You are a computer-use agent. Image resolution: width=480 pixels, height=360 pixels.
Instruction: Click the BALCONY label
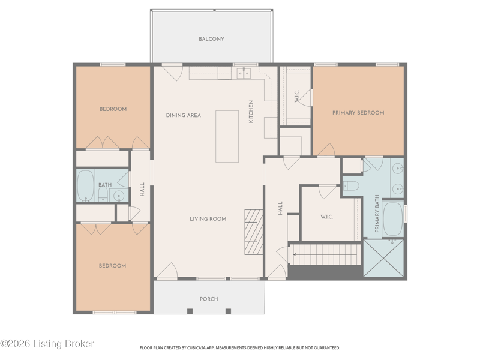[x=211, y=39]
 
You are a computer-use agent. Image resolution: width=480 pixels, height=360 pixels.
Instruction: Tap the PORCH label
[x=209, y=299]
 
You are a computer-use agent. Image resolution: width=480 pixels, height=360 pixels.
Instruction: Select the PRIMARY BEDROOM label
[x=358, y=113]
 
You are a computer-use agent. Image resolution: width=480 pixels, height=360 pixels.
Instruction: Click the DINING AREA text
[x=184, y=115]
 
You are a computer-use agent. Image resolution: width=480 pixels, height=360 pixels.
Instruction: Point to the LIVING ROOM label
[x=208, y=219]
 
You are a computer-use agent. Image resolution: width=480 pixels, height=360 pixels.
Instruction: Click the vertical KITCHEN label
[x=251, y=112]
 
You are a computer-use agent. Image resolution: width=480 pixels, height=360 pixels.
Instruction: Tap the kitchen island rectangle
[x=227, y=137]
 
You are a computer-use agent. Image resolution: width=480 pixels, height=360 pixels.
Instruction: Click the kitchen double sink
[x=244, y=73]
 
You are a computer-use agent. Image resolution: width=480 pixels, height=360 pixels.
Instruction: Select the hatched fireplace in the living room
[x=254, y=232]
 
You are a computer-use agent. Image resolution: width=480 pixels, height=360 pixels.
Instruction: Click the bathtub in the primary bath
[x=393, y=218]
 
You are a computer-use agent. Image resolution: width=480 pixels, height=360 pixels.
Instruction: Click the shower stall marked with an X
[x=383, y=258]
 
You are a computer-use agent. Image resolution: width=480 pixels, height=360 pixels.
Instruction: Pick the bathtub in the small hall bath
[x=85, y=185]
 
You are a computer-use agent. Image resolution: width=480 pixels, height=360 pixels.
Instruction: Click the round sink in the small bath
[x=119, y=195]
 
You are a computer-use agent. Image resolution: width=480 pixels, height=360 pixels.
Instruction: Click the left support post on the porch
[x=190, y=311]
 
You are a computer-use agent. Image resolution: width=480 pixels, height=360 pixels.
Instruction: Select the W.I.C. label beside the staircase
[x=326, y=217]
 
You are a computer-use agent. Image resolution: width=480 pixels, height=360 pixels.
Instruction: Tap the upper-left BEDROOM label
[x=113, y=109]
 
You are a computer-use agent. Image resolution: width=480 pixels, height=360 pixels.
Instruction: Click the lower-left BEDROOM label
[x=112, y=266]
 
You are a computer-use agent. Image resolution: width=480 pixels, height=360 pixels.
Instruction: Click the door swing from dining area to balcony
[x=173, y=73]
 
